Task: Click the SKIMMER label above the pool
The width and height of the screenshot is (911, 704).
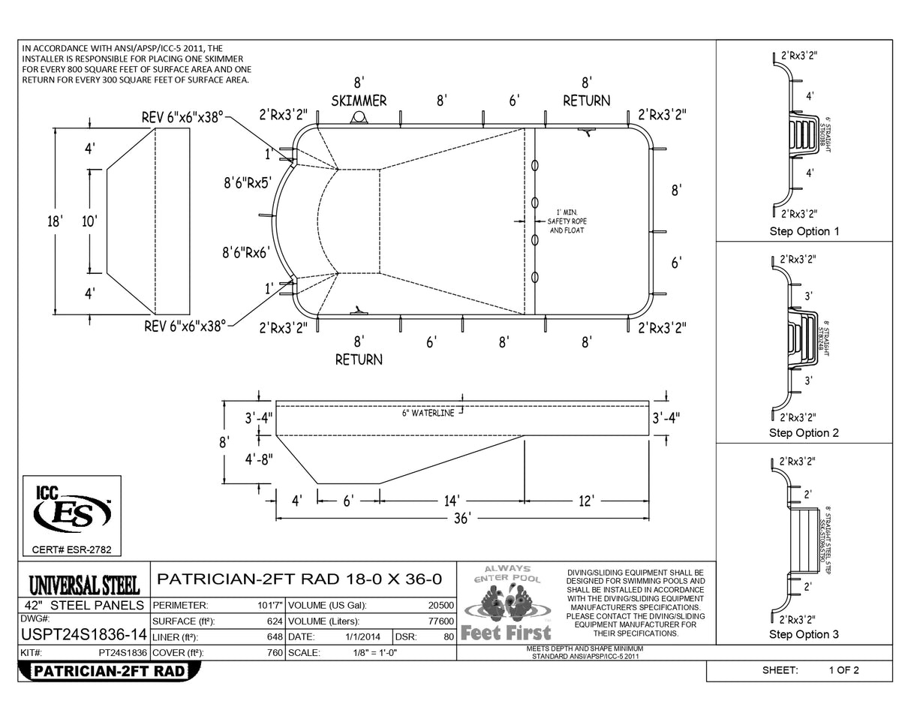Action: click(x=359, y=101)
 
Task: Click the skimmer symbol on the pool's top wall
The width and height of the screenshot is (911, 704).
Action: click(x=359, y=119)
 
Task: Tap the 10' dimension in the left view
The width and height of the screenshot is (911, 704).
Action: click(x=90, y=221)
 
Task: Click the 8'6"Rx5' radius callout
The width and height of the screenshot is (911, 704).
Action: click(x=246, y=182)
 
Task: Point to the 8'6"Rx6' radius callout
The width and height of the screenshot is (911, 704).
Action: click(x=245, y=253)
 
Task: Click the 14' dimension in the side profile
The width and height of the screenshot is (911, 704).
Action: click(x=452, y=501)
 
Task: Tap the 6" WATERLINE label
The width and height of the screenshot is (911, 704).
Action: click(x=428, y=413)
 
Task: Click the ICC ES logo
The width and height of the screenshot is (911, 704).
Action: click(x=72, y=510)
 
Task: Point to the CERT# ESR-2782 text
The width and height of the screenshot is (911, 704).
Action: click(x=72, y=550)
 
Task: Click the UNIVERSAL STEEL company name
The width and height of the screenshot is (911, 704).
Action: click(x=84, y=584)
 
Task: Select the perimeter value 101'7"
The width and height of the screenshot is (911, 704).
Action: click(x=269, y=605)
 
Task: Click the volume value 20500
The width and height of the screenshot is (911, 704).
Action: click(x=440, y=605)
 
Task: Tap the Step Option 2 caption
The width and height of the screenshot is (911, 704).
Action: click(x=804, y=433)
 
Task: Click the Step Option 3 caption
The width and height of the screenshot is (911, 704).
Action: click(x=804, y=635)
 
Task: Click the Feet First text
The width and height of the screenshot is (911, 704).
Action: click(x=506, y=633)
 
